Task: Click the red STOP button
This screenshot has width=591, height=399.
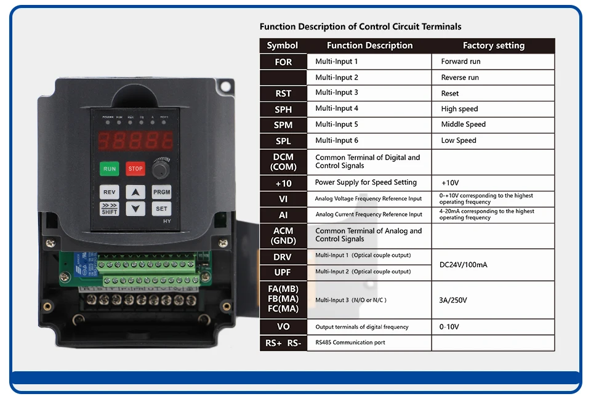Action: pos(135,169)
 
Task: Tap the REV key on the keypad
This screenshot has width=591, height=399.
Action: pos(110,192)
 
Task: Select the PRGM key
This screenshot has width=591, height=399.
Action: pos(161,192)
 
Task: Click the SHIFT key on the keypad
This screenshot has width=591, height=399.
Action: pos(110,209)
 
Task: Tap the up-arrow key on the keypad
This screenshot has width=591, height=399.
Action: pos(135,192)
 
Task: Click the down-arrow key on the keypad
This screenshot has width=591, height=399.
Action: pos(135,209)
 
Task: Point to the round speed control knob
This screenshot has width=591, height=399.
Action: pos(161,169)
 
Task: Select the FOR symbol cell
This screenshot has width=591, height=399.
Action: pos(283,62)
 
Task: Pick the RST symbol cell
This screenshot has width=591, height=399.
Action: pos(283,94)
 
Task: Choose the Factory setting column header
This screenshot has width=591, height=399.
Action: pos(493,46)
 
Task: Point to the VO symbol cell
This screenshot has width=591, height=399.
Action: pos(283,327)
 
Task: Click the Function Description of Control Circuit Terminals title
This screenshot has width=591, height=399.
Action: pos(360,26)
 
